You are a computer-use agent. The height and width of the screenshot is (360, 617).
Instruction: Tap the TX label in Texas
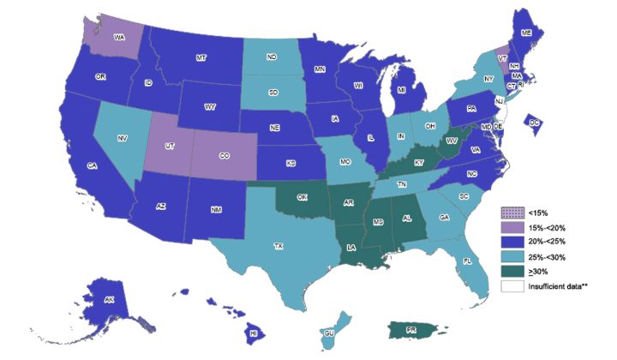(x=279, y=246)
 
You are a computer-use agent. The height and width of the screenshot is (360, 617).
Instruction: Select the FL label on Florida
(x=467, y=260)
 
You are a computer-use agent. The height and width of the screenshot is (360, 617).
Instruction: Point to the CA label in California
(x=91, y=166)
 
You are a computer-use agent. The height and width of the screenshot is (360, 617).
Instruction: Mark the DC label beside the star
(x=536, y=123)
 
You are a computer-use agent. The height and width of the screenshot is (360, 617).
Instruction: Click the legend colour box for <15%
(x=511, y=210)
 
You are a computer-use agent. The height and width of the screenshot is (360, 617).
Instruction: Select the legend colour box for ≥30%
(x=511, y=271)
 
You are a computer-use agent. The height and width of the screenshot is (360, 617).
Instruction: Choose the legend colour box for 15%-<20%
(x=511, y=225)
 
